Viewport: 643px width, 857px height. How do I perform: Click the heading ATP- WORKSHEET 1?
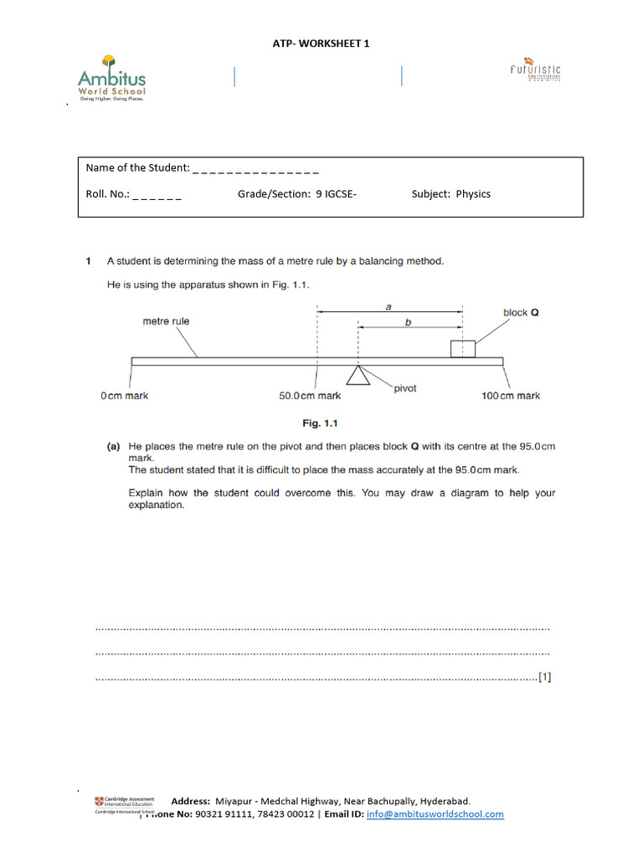click(x=321, y=43)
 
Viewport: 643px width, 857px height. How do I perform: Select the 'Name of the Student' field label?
click(x=138, y=167)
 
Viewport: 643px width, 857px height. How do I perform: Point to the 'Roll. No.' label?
click(x=108, y=193)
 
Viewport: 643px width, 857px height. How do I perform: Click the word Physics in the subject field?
click(x=473, y=193)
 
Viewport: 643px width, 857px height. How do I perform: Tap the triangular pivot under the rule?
click(x=358, y=375)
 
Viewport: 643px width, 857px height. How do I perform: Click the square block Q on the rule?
click(x=462, y=348)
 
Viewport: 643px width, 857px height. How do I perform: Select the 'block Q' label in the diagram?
click(x=520, y=313)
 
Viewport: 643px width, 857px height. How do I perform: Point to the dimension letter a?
click(x=388, y=306)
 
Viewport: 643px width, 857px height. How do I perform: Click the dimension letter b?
click(x=409, y=321)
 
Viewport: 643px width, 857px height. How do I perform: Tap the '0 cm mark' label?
click(x=124, y=396)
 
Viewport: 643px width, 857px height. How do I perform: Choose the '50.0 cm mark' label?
click(x=310, y=396)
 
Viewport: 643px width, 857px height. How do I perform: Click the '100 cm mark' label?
click(x=510, y=396)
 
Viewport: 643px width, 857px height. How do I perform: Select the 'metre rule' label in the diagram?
click(x=166, y=321)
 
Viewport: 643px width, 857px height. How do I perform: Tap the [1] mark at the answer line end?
click(x=545, y=678)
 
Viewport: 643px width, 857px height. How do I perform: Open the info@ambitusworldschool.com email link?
click(x=435, y=813)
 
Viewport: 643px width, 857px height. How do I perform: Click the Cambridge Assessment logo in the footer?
click(x=124, y=803)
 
